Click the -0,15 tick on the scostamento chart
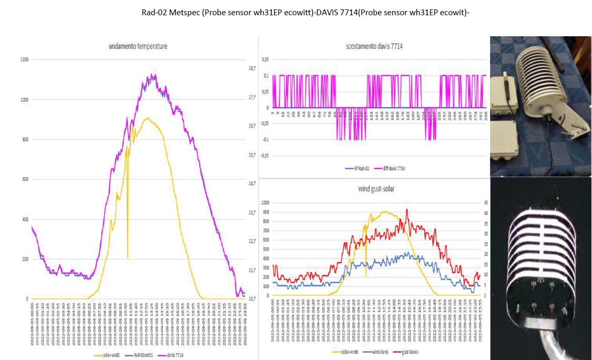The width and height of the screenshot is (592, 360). click(x=264, y=156)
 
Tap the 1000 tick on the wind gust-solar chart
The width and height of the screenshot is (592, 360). click(x=264, y=202)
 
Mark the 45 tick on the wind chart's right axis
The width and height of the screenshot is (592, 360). click(x=486, y=202)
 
